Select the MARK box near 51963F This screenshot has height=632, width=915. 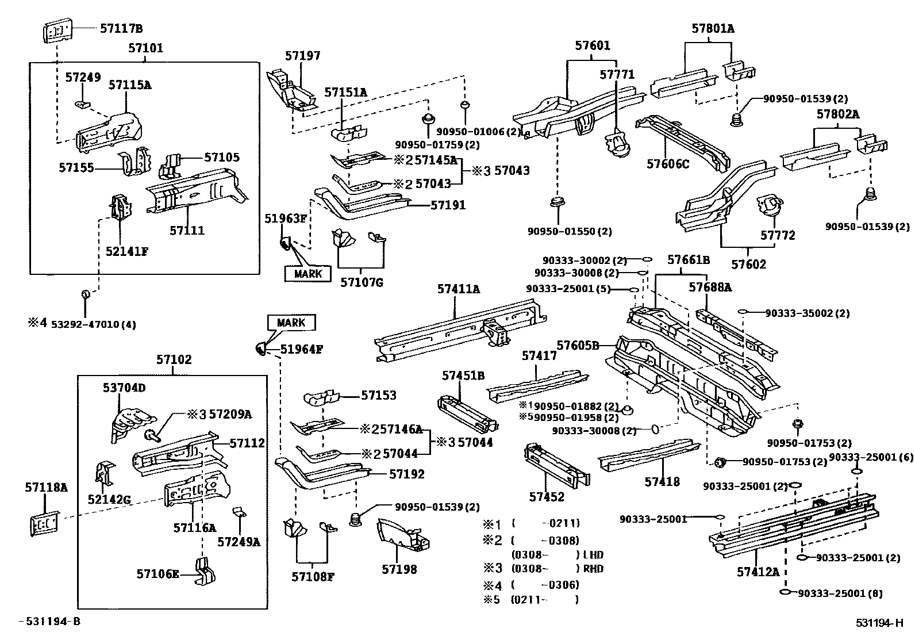tap(307, 274)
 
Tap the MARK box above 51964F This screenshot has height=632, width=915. tap(291, 323)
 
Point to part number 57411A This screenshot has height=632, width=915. tap(458, 289)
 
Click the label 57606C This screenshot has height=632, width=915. tap(667, 164)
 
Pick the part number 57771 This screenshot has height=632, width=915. tap(617, 75)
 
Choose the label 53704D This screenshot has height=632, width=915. tap(124, 388)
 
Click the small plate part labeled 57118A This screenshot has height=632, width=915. tap(44, 523)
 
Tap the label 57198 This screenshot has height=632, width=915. tap(399, 569)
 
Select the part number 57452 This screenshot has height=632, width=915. tap(547, 497)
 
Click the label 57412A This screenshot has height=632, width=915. tap(758, 572)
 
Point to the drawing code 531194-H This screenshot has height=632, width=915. tap(879, 622)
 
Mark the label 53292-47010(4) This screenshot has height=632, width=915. tap(93, 324)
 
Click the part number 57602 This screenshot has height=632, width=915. tap(748, 265)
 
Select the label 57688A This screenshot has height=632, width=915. tap(710, 287)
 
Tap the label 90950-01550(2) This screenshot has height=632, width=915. tap(570, 232)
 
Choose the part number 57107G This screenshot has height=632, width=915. tap(362, 282)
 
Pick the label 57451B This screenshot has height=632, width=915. tap(463, 376)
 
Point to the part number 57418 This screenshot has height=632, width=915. tap(662, 482)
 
